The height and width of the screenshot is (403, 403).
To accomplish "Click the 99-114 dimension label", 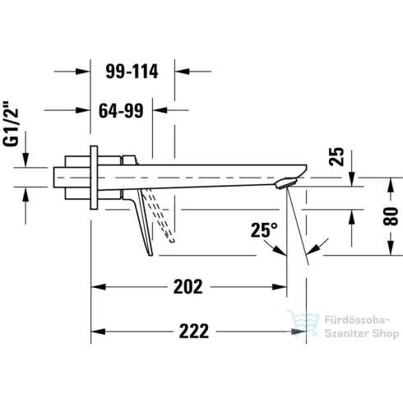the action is point(132,72).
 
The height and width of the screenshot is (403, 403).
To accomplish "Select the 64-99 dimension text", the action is point(121,111).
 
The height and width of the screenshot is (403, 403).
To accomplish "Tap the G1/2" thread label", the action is point(11,123).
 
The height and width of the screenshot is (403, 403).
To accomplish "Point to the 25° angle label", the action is point(264,229).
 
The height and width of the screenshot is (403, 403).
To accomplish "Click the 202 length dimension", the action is point(188,287).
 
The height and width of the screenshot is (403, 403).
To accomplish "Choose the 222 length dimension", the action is point(194,331).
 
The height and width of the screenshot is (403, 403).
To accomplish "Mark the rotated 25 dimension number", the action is point(336,156).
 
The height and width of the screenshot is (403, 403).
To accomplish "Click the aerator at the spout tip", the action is point(286,183).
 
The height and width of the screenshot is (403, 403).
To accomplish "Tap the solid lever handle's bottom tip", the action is point(151,255).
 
